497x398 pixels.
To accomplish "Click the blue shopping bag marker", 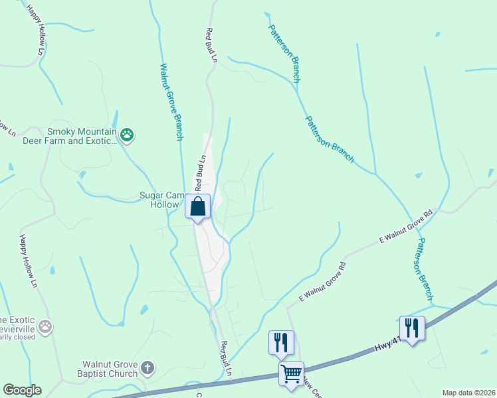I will (198, 206).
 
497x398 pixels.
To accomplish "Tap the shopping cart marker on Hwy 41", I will (291, 374).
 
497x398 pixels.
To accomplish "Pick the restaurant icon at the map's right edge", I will (412, 328).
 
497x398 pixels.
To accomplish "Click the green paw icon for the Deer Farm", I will (127, 136).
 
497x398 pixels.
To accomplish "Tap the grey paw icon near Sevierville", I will (45, 326).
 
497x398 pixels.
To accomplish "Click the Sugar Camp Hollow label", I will (160, 200).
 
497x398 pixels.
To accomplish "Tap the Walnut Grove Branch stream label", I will (171, 101).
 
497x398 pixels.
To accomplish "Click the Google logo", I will (22, 390).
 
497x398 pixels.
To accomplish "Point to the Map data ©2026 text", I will (468, 393).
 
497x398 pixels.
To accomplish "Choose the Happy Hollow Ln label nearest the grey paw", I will (27, 261).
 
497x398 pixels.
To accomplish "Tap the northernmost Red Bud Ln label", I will (212, 45).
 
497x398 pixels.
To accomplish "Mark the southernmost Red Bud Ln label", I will (226, 359).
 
